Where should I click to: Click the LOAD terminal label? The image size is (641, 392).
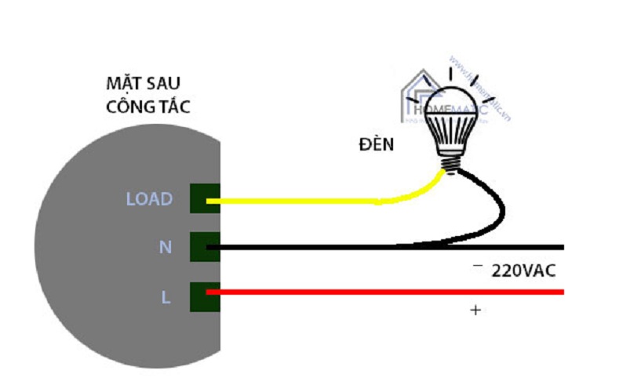[149, 199]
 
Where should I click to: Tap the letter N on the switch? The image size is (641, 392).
[166, 247]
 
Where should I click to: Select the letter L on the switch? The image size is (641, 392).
[166, 297]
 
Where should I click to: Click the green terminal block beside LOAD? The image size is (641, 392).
[205, 199]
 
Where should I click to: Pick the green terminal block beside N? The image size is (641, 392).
[205, 248]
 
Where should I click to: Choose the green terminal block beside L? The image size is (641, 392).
[205, 296]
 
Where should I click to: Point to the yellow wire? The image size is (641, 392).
[314, 201]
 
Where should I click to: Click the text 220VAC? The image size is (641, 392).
[523, 271]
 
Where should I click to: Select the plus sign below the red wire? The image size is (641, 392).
[475, 310]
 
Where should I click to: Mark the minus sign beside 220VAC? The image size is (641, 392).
[477, 267]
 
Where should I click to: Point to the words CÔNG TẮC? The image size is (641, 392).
[148, 107]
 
